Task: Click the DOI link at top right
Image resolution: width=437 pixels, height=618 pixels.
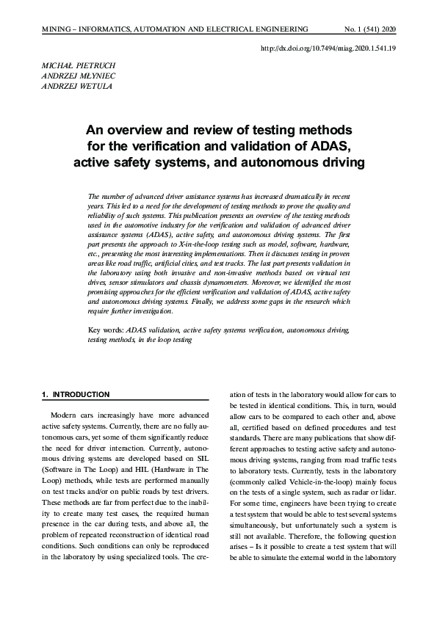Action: [328, 48]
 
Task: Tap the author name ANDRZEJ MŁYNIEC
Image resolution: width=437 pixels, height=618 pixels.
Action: [77, 76]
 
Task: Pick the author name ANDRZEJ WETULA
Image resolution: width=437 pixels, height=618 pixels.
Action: [76, 86]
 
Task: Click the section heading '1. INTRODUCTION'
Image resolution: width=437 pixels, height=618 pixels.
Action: [76, 395]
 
